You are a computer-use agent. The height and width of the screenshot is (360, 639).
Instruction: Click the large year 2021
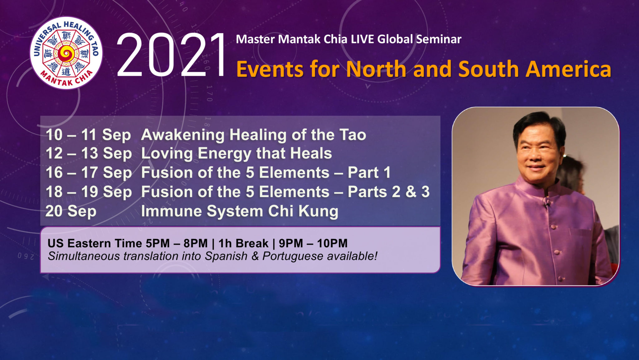(x=171, y=56)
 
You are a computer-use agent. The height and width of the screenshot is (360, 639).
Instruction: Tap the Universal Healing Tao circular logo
(x=66, y=53)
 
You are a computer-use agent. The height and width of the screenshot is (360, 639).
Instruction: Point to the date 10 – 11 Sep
(x=88, y=135)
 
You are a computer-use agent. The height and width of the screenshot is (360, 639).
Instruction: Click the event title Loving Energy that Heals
(x=236, y=153)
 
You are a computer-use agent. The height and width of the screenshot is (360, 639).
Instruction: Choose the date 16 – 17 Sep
(x=89, y=173)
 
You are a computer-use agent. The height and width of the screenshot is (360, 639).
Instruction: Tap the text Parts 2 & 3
(x=388, y=192)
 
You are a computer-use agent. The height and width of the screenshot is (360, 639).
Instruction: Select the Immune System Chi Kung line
(x=239, y=211)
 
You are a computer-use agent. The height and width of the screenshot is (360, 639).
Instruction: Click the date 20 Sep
(x=71, y=211)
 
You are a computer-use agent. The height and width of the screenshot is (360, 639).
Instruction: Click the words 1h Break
(x=243, y=243)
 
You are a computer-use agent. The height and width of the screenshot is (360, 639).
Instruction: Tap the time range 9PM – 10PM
(x=313, y=243)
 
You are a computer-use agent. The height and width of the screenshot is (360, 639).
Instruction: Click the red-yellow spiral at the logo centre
(x=66, y=54)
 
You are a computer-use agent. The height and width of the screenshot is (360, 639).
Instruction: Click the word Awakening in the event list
(x=183, y=135)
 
